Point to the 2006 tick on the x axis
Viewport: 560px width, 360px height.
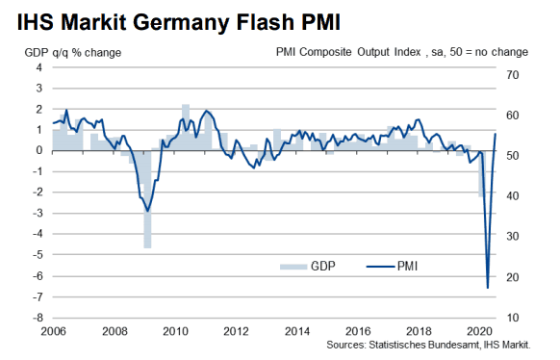pos(52,331)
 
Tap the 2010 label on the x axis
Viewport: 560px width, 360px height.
pos(175,331)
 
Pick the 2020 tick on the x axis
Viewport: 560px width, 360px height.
pos(479,331)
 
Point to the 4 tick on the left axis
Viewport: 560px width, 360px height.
pos(40,67)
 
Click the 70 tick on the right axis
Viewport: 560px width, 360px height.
pos(512,74)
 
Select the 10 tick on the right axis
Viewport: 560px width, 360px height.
pos(512,318)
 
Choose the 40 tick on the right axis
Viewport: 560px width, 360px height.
pos(512,195)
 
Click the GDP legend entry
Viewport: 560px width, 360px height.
pos(306,267)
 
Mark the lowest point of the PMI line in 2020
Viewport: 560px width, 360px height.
pos(488,287)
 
